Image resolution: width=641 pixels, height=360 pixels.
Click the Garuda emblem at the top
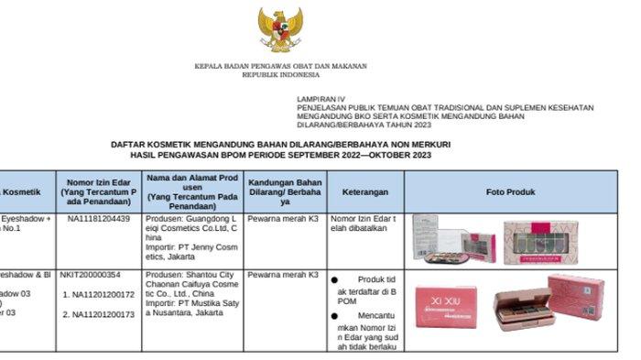click(x=280, y=31)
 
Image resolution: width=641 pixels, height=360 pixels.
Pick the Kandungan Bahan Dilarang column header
click(x=285, y=192)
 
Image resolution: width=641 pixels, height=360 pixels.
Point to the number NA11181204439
click(x=99, y=219)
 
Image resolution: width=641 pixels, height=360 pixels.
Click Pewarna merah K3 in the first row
click(x=283, y=219)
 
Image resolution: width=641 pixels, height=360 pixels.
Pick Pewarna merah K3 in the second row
click(x=283, y=274)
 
